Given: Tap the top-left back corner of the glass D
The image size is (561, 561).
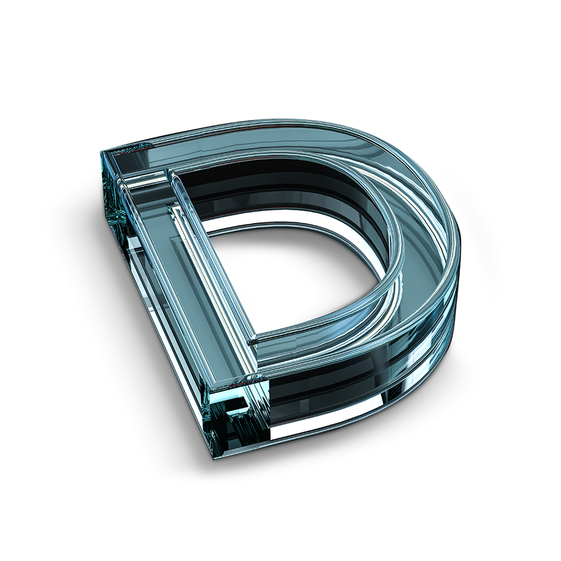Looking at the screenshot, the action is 101,151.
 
